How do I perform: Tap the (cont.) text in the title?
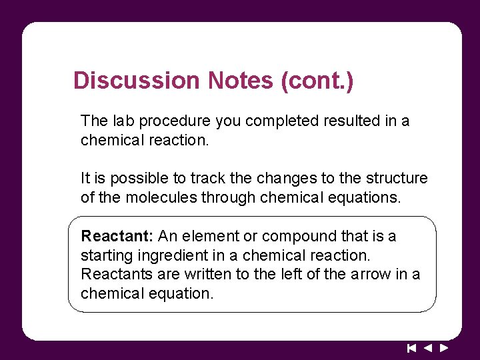click(317, 81)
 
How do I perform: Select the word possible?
click(136, 179)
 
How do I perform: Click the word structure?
click(394, 179)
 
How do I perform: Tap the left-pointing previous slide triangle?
click(428, 348)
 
